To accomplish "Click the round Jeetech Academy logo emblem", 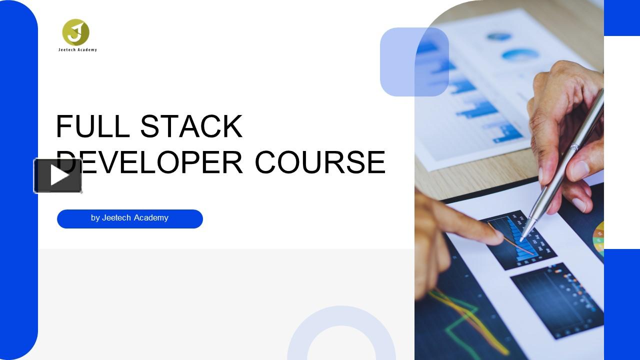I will click(x=75, y=32).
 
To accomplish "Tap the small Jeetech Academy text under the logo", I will click(x=77, y=50).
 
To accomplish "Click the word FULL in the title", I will click(x=92, y=126).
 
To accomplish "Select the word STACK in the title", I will click(x=191, y=126).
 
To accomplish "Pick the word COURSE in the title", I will click(x=320, y=162).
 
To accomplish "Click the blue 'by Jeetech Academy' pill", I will click(x=130, y=219).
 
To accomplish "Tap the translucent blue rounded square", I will click(x=414, y=62).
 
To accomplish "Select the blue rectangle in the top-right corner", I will click(x=621, y=18).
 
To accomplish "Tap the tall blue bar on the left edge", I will click(x=18, y=180).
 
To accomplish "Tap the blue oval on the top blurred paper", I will click(x=520, y=54).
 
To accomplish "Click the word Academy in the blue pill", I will click(x=151, y=218).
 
